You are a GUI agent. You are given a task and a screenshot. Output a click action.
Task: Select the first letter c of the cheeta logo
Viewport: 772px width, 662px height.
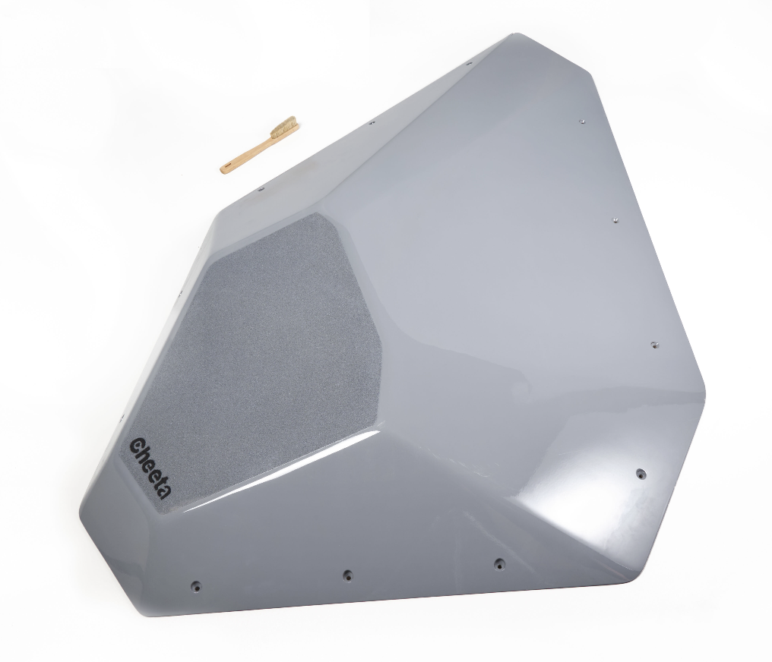click(x=137, y=445)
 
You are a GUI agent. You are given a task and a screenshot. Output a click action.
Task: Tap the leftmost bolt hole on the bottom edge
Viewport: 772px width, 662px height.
click(x=197, y=585)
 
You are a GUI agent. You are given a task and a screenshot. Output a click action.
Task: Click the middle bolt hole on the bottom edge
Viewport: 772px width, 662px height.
click(x=347, y=573)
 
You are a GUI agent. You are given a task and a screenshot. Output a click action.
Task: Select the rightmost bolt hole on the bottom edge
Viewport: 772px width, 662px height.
click(x=500, y=563)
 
